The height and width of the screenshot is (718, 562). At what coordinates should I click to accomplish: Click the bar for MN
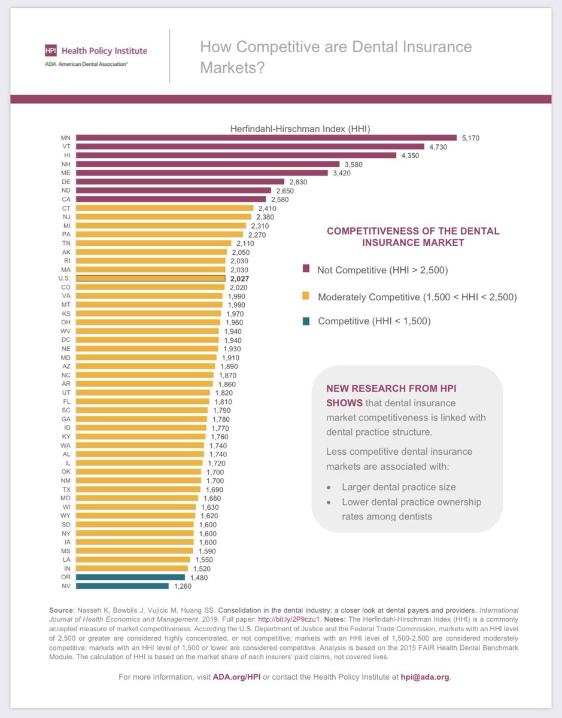point(266,138)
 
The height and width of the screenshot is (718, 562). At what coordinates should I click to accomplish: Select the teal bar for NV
point(122,586)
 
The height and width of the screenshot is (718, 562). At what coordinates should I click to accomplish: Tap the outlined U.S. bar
point(150,278)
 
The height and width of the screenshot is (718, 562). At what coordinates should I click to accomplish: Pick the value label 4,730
point(437,147)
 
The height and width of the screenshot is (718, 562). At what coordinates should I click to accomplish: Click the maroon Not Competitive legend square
point(306,270)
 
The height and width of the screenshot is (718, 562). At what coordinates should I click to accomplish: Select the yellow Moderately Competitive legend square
point(306,296)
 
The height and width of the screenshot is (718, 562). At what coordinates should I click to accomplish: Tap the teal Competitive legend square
point(306,321)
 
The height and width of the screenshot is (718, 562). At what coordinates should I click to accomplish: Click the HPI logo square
point(51,51)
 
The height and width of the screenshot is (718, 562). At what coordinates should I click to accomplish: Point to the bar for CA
point(171,199)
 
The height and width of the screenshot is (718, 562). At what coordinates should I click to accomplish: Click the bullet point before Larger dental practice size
point(329,487)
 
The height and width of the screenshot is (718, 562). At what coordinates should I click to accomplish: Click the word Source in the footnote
point(62,610)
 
